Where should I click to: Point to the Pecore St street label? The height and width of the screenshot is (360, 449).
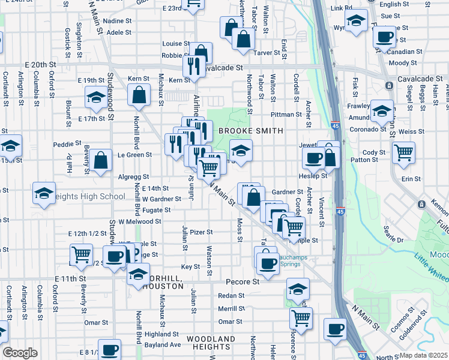[242, 281]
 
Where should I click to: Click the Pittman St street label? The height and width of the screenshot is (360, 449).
[285, 114]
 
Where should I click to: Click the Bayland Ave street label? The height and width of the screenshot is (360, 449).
[166, 345]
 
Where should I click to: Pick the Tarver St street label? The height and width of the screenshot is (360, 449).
[268, 53]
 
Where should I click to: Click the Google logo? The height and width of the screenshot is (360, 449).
[20, 353]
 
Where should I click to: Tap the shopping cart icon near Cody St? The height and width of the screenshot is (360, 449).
[403, 152]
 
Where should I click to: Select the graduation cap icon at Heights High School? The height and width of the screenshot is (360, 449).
[43, 192]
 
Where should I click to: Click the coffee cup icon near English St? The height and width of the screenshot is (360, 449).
[384, 35]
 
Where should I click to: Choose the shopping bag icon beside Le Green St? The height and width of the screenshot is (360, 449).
[100, 160]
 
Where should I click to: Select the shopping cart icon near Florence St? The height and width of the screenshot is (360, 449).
[301, 317]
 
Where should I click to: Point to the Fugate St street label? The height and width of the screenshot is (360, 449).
[157, 210]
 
